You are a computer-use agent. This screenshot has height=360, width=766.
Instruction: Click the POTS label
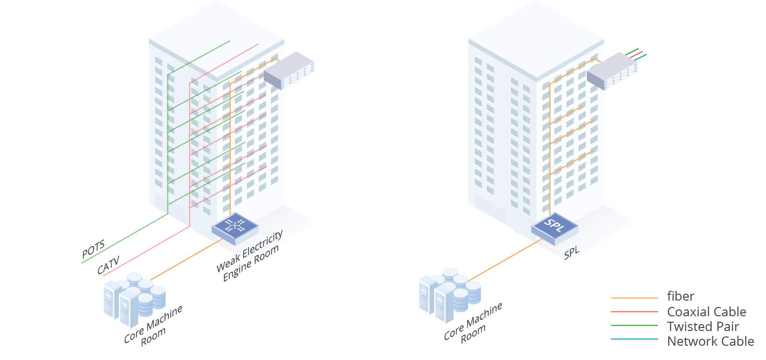tap(93, 249)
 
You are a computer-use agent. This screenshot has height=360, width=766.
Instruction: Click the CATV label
tap(109, 265)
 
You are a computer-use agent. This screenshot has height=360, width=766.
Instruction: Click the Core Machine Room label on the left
tap(153, 326)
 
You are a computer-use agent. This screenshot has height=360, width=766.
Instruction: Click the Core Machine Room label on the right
tap(473, 322)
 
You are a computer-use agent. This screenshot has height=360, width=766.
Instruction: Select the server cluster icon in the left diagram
tap(134, 299)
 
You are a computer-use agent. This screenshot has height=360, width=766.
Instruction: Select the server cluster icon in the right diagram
tap(449, 295)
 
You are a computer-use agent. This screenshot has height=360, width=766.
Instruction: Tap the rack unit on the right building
tap(612, 71)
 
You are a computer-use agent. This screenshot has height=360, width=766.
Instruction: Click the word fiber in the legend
tap(681, 296)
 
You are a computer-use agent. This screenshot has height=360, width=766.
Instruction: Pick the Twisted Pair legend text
tap(703, 327)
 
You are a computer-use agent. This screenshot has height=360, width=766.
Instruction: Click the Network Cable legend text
tap(710, 341)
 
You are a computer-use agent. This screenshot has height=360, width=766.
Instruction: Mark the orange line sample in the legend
tap(634, 298)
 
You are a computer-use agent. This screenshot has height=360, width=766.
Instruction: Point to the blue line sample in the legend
tap(634, 339)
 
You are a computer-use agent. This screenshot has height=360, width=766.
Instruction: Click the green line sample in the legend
tap(634, 326)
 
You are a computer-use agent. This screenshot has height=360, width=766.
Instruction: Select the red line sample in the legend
tap(634, 312)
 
